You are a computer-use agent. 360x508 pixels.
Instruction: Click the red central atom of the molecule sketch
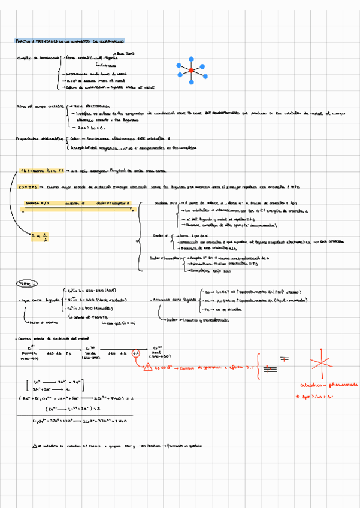point(191,71)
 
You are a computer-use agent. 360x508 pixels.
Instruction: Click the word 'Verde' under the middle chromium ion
point(90,353)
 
